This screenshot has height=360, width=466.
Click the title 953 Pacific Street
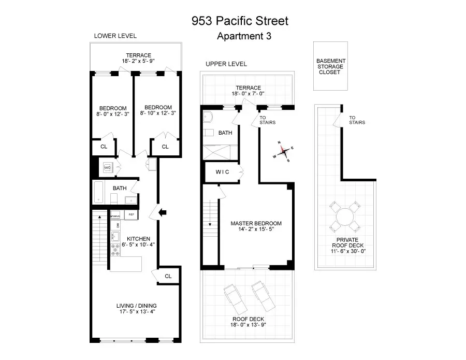(239, 21)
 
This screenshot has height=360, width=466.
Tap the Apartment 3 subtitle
(243, 36)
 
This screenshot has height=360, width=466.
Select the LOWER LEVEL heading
(115, 36)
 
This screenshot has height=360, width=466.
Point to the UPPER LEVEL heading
(226, 64)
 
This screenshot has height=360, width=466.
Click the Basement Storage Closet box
(331, 66)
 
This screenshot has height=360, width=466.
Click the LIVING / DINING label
(137, 306)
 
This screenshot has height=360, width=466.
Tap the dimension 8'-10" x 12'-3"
(158, 113)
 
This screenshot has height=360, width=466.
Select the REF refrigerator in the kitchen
(131, 214)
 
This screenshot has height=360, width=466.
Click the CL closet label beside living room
(168, 276)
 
